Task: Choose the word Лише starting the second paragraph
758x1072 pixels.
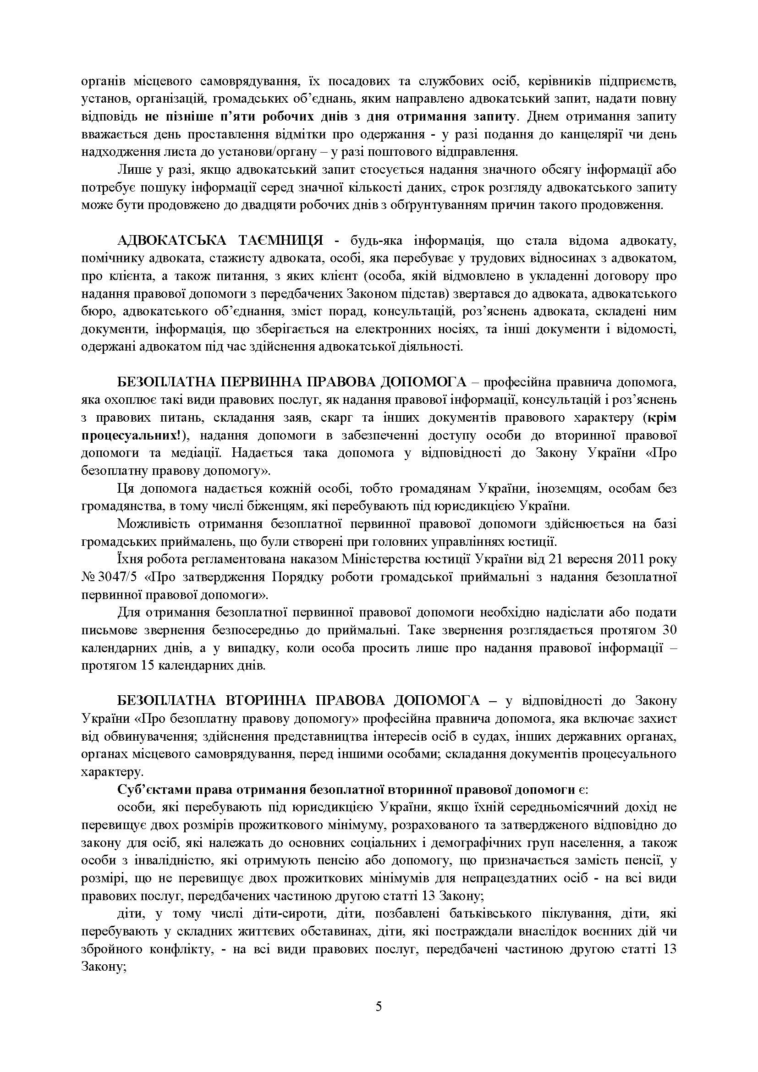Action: pyautogui.click(x=130, y=170)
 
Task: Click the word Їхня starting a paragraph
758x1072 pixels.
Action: pyautogui.click(x=130, y=559)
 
